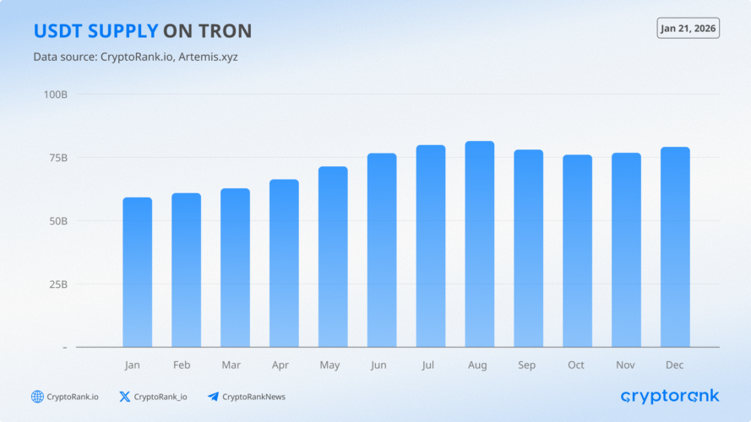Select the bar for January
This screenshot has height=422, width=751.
tap(137, 272)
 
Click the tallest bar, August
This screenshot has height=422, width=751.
tap(480, 244)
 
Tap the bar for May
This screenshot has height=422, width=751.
tap(333, 257)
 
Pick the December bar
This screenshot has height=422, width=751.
tap(675, 246)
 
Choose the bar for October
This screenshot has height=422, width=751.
tap(577, 251)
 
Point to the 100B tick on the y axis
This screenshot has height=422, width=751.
tap(56, 94)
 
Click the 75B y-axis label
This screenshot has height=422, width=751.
tap(56, 158)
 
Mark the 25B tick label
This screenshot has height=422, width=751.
tap(56, 284)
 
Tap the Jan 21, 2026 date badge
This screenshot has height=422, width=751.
tap(688, 28)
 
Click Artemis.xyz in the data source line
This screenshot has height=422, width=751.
tap(215, 57)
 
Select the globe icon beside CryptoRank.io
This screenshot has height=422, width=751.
tap(37, 397)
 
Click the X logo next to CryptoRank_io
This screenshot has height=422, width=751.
tap(125, 397)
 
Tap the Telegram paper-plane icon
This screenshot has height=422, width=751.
tap(213, 397)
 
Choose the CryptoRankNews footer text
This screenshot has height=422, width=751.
tap(253, 397)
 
